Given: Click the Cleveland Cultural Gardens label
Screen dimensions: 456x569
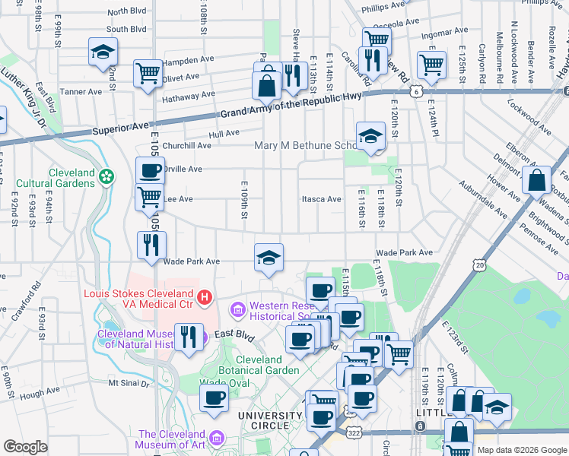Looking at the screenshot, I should (72, 178).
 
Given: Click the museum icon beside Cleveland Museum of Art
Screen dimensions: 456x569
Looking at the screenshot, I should (217, 439).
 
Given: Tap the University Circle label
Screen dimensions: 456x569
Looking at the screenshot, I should (270, 420).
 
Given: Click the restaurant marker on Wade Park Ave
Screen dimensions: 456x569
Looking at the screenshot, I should (151, 245).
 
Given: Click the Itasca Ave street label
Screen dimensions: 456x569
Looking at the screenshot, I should (323, 199).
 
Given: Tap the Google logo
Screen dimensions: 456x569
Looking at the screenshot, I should (25, 447).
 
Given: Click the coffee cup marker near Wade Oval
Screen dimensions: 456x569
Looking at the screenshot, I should (214, 397).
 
